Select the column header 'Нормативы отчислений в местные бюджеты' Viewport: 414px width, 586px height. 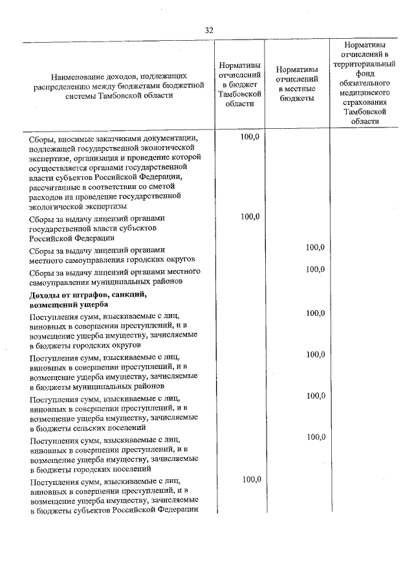(x=296, y=84)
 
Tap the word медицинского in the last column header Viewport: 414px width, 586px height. (x=370, y=93)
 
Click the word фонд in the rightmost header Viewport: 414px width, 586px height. (x=370, y=74)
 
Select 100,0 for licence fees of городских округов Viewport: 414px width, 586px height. (x=315, y=247)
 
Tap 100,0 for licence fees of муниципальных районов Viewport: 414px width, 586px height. (x=315, y=269)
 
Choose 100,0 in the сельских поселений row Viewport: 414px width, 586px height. (x=315, y=396)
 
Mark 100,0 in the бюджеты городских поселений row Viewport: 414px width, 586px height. (x=315, y=437)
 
